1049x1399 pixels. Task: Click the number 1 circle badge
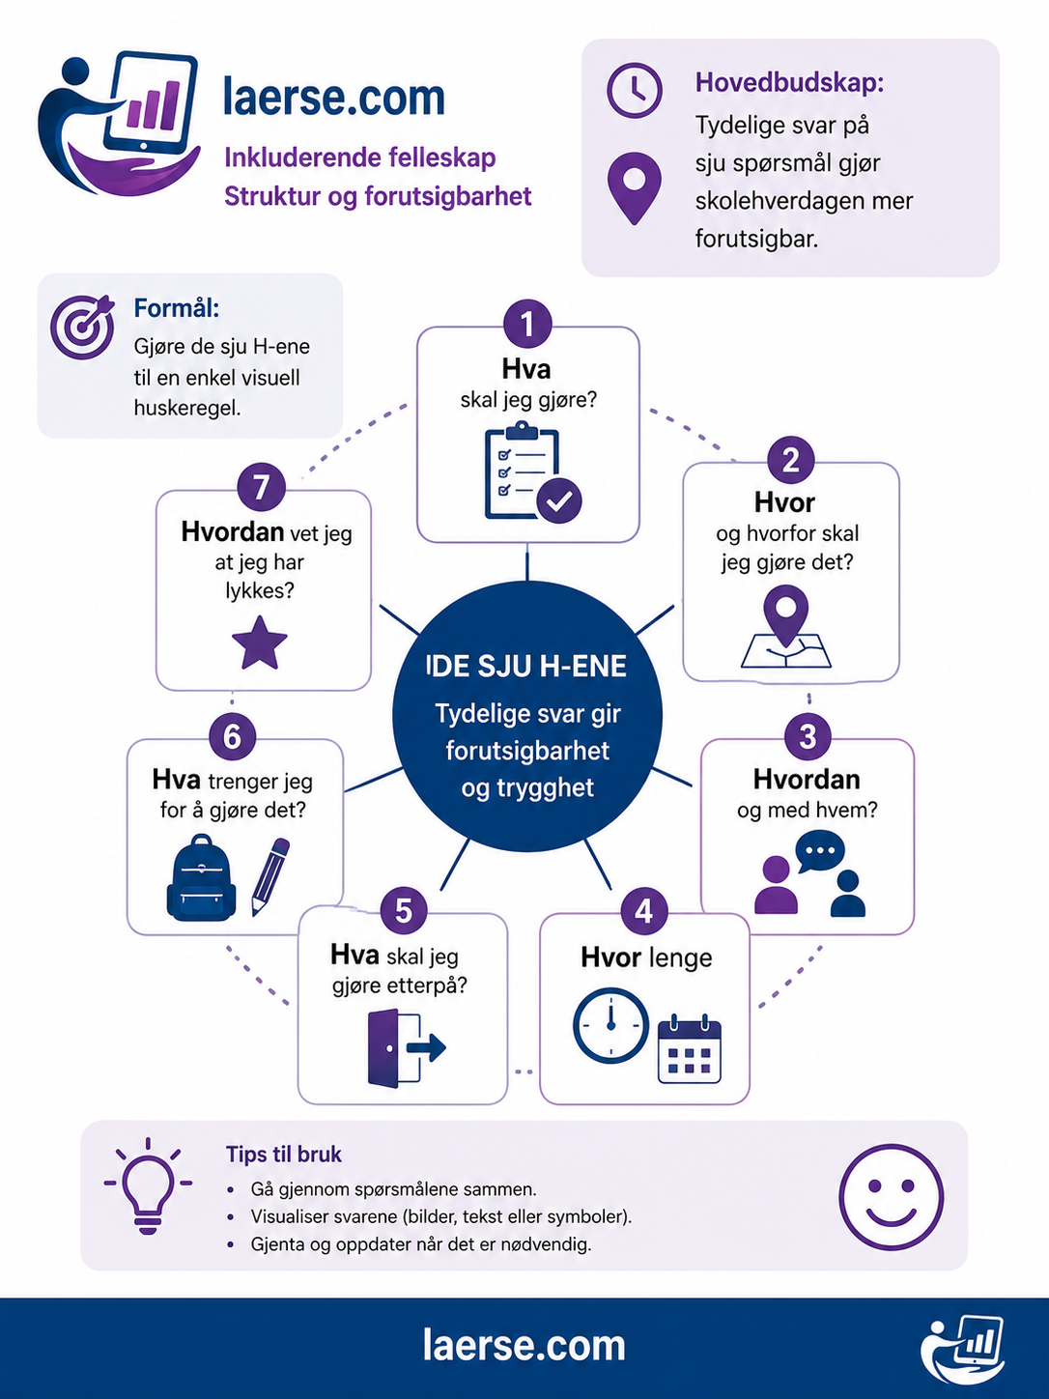[527, 324]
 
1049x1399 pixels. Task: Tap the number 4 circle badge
[644, 911]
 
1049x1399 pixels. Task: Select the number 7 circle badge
[261, 488]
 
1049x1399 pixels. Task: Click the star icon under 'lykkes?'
[259, 642]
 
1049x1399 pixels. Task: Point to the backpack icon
[201, 877]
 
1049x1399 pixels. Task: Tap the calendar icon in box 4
[689, 1048]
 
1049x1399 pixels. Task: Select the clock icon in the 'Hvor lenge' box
[610, 1025]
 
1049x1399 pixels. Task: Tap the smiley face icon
[891, 1197]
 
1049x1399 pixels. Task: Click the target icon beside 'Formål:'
[83, 327]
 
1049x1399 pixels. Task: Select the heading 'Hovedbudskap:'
[790, 83]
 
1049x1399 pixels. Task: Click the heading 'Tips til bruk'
[283, 1155]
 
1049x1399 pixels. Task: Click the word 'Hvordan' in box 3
[807, 779]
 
